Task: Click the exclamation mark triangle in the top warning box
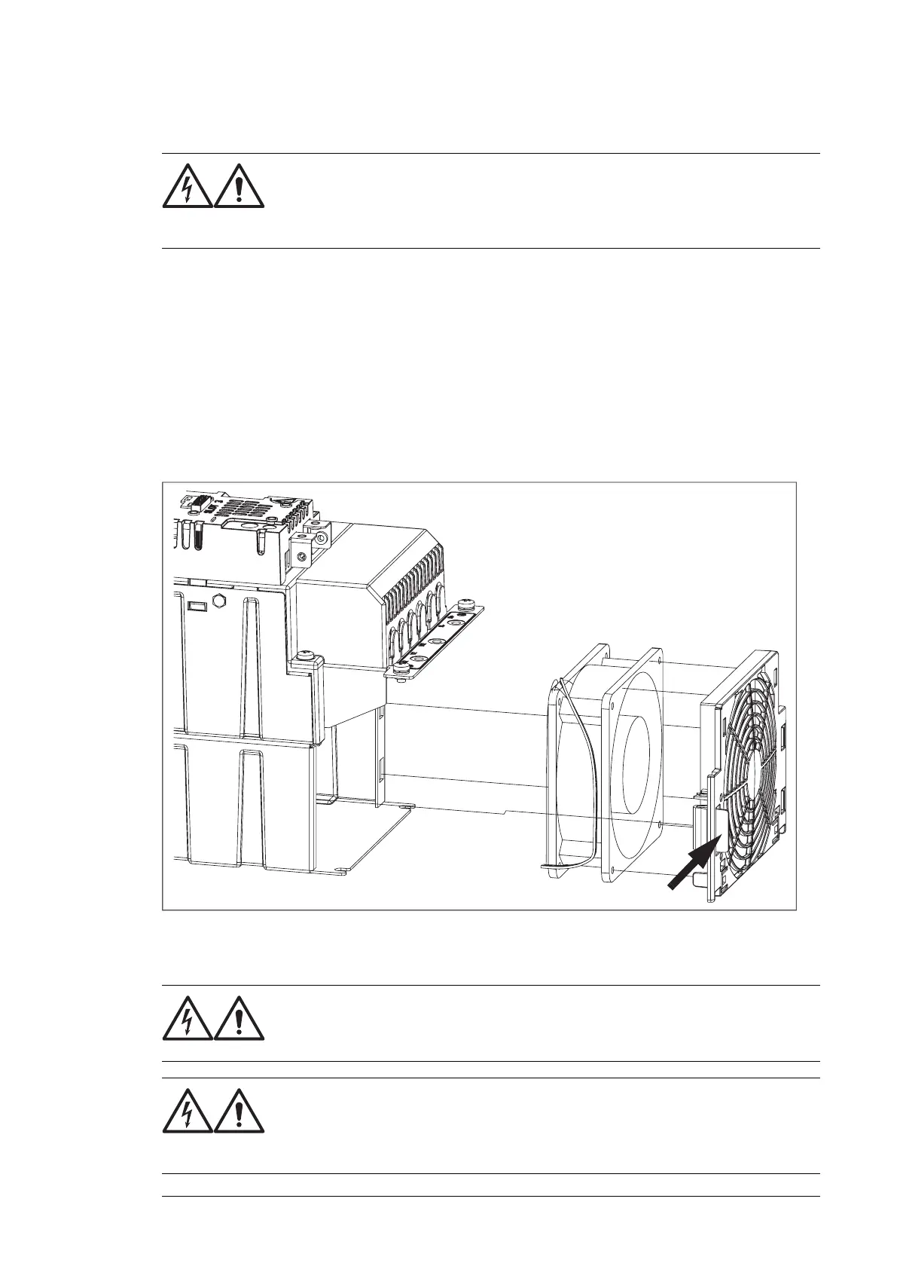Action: click(x=240, y=185)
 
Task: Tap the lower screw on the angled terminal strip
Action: click(x=401, y=667)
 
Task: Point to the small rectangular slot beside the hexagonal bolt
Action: click(x=197, y=605)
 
